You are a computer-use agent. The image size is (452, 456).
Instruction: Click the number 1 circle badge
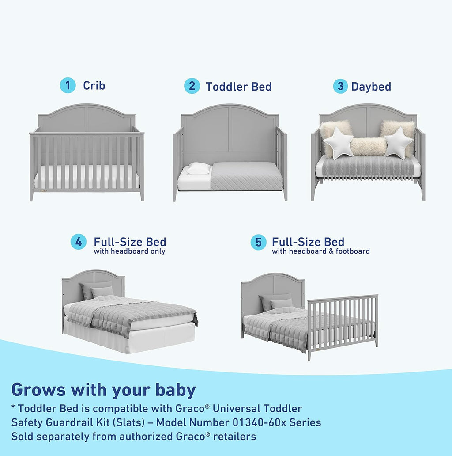tap(68, 85)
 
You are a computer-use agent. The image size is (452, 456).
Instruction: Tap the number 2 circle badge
tap(192, 86)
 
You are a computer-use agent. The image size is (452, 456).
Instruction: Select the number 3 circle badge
tap(340, 86)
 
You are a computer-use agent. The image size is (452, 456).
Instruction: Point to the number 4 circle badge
tap(78, 242)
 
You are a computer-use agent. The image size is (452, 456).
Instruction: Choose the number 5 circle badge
tap(258, 242)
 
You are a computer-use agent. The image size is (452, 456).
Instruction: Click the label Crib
tap(94, 85)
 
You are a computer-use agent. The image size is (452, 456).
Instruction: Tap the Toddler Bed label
tap(238, 87)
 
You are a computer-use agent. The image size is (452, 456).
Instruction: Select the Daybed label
tap(371, 87)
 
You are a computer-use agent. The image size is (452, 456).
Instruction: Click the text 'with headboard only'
tap(129, 251)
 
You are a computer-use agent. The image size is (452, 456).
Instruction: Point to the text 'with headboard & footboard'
tap(320, 251)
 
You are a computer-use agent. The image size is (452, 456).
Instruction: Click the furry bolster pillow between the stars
tap(368, 147)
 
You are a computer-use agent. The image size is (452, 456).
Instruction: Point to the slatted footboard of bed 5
tap(343, 323)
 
